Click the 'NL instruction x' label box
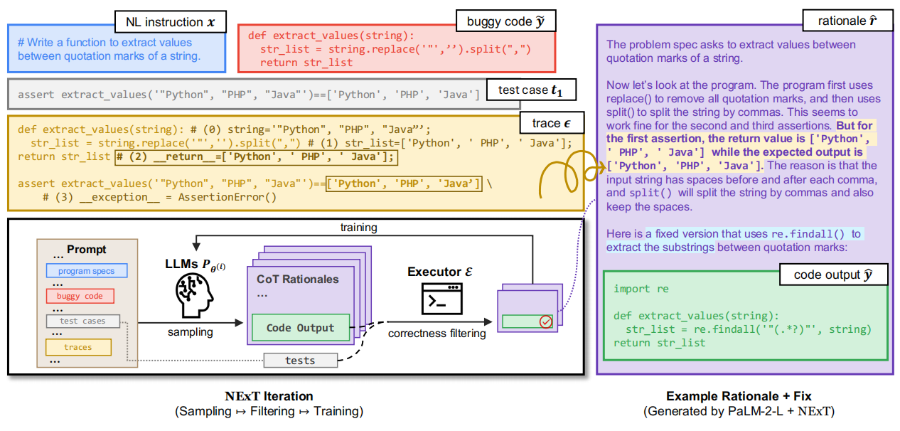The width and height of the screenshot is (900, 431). [171, 22]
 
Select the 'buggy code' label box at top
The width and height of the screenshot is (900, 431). [505, 21]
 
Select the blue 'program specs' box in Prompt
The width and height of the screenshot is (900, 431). [86, 271]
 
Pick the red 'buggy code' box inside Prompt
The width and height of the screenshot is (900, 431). [80, 296]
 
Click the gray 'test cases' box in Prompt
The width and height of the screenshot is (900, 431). [82, 321]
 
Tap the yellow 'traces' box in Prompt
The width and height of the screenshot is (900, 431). [78, 347]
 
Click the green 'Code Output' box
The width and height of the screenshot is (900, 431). [300, 328]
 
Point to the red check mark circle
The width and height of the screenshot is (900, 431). [546, 322]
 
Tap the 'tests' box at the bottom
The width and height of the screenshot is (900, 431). [300, 361]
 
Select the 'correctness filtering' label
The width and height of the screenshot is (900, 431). [437, 332]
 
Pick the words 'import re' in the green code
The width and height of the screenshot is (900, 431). [632, 289]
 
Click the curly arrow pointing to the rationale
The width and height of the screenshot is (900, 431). [564, 176]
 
